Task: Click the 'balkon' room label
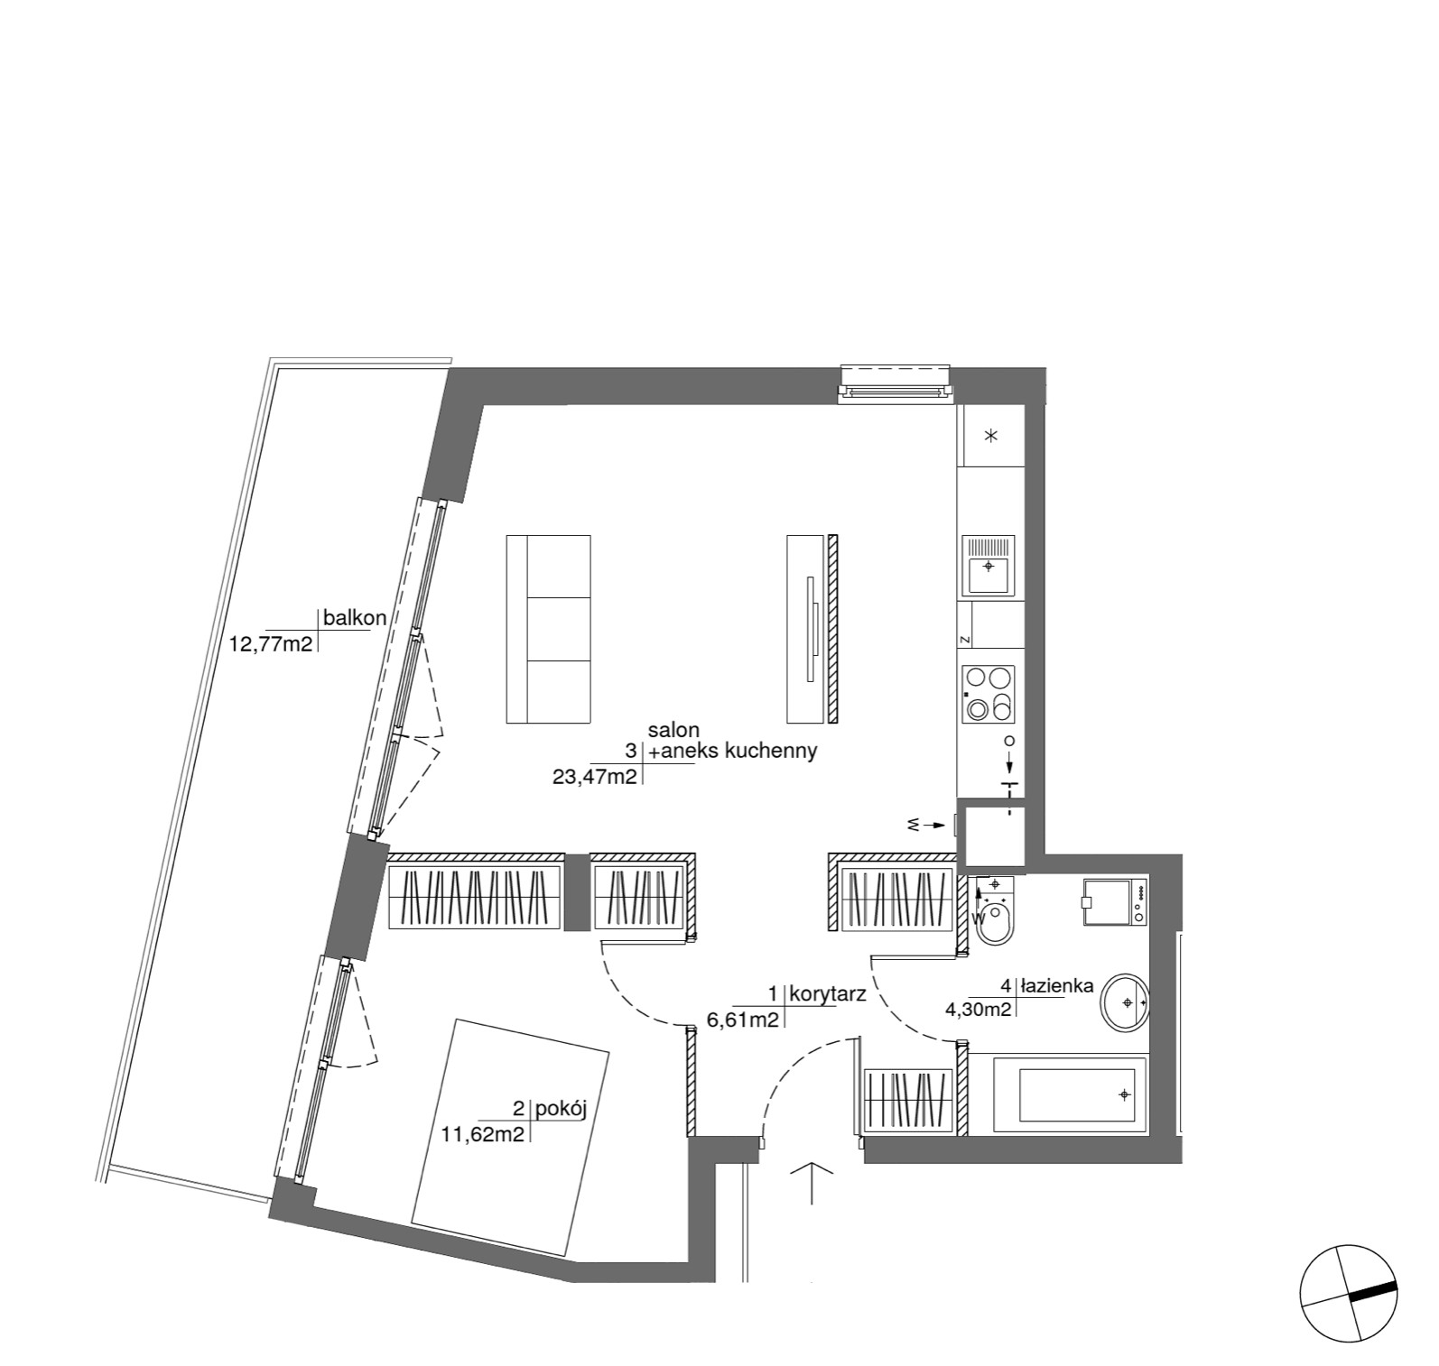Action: coord(355,618)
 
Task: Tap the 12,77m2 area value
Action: coord(272,644)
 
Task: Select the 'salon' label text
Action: coord(673,729)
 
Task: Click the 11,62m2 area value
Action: coord(483,1135)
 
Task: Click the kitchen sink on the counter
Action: coord(989,565)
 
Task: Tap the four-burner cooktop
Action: coord(989,695)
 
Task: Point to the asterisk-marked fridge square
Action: coord(991,436)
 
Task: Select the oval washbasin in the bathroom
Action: coord(1125,1001)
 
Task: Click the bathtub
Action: coord(1070,1095)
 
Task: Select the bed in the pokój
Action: coord(510,1138)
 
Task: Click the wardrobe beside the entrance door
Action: coord(909,1101)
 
